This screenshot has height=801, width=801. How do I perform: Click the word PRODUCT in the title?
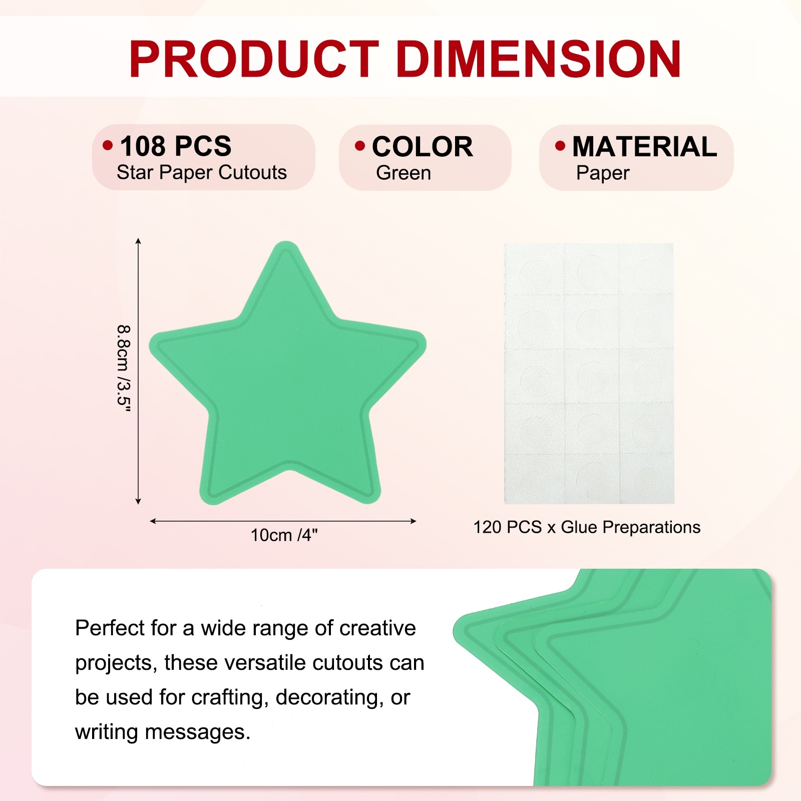pos(254,59)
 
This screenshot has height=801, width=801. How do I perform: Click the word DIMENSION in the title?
pos(539,59)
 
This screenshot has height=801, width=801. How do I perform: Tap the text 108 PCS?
pos(176,146)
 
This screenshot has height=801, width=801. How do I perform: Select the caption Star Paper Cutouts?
pos(202,173)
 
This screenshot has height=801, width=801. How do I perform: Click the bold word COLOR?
pos(422,147)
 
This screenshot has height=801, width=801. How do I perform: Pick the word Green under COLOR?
pos(404,173)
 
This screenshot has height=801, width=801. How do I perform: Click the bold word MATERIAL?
pos(645,147)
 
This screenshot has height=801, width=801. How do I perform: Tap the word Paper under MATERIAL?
pos(603,173)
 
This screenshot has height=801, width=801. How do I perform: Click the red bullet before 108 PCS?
pos(108,146)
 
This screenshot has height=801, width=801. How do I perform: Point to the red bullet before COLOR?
pos(360,146)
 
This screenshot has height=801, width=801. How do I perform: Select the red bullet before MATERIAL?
pos(560,146)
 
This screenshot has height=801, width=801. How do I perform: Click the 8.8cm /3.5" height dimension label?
pos(124,368)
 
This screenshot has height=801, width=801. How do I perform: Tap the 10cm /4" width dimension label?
pos(284,535)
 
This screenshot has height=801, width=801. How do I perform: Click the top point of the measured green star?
pos(286,242)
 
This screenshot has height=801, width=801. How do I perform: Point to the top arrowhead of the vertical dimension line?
pos(138,241)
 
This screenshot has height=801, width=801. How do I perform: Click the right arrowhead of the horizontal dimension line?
pos(414,521)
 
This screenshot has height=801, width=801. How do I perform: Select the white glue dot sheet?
pos(589,373)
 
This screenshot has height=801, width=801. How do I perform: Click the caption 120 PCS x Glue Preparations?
pos(587,527)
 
